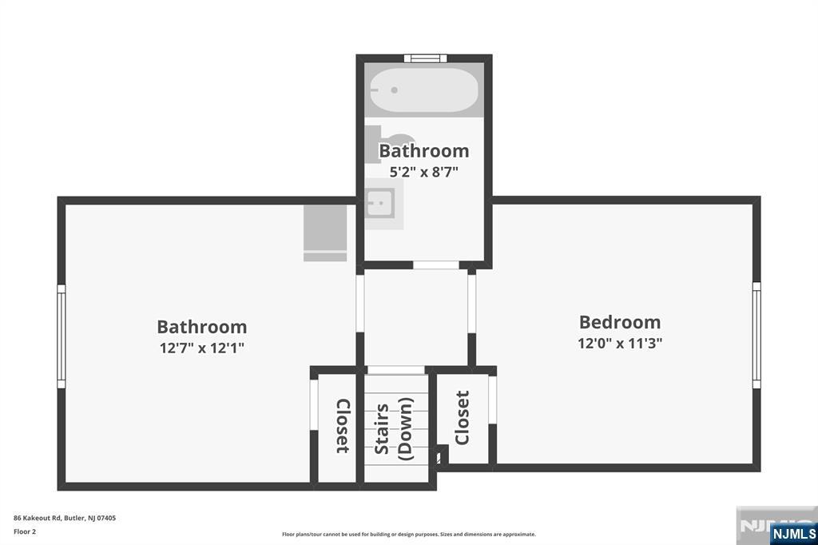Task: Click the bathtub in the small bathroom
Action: tap(423, 90)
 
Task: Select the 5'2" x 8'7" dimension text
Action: tap(423, 171)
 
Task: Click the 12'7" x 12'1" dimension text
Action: tap(201, 348)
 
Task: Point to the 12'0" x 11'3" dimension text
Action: tap(620, 343)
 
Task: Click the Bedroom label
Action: tap(620, 322)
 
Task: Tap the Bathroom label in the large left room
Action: tap(201, 327)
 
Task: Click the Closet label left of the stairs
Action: tap(342, 426)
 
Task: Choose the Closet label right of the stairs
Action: tap(462, 418)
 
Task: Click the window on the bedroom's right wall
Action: tap(756, 335)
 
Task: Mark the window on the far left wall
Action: tap(61, 336)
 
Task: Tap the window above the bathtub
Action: tap(423, 58)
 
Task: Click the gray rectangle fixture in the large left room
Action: tap(325, 233)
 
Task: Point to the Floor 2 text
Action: tap(25, 531)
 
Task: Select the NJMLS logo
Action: tap(792, 533)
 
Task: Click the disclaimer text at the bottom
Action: tap(408, 535)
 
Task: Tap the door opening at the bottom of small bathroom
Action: tap(435, 265)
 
